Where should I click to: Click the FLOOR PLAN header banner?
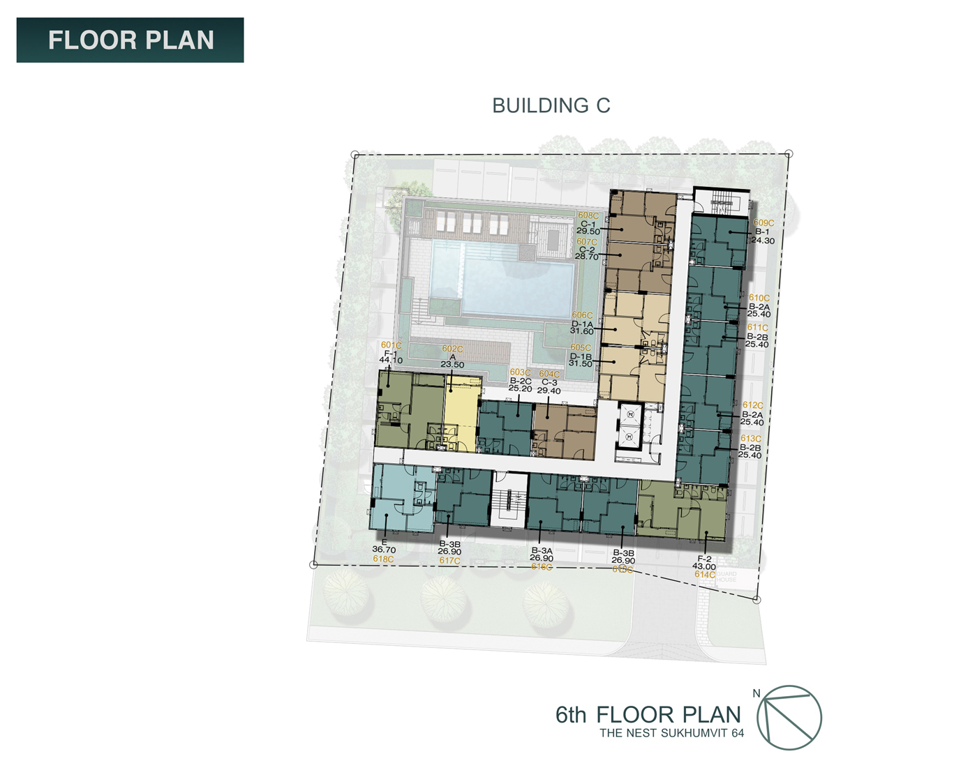tap(130, 40)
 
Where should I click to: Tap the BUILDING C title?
tap(551, 105)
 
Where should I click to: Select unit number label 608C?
tap(588, 216)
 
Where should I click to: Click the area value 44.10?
tap(391, 361)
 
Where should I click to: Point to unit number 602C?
tap(452, 349)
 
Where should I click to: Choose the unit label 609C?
tap(763, 223)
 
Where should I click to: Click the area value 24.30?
tap(763, 241)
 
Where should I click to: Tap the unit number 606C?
tap(582, 315)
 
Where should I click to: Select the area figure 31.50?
tap(581, 363)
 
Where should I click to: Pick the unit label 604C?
tap(549, 375)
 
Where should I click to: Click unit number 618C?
tap(383, 559)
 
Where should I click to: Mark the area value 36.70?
tap(384, 550)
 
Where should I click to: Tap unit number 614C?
tap(704, 575)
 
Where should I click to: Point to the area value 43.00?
tap(704, 566)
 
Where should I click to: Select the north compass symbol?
tap(789, 718)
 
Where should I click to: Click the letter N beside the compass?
tap(756, 693)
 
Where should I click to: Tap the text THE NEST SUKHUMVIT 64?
tap(671, 733)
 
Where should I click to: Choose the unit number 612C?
tap(752, 405)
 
